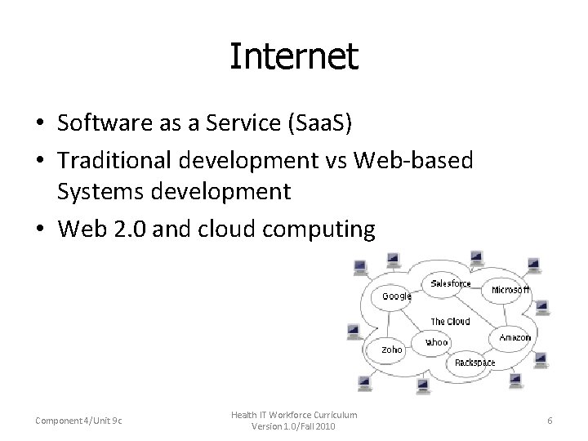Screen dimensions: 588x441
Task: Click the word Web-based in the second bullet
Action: pyautogui.click(x=419, y=162)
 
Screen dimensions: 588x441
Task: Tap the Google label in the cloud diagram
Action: pyautogui.click(x=397, y=296)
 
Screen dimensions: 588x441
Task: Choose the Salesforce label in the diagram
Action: pyautogui.click(x=450, y=283)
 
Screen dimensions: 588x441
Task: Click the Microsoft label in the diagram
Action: pyautogui.click(x=511, y=290)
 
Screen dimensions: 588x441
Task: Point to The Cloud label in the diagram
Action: pyautogui.click(x=450, y=322)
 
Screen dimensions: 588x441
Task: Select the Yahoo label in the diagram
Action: pyautogui.click(x=437, y=342)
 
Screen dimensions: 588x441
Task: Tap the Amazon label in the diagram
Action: pyautogui.click(x=514, y=337)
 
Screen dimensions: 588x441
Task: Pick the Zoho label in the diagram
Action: pyautogui.click(x=392, y=350)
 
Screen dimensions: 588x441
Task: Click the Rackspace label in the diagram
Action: pyautogui.click(x=474, y=362)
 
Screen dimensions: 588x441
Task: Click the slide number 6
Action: pyautogui.click(x=550, y=420)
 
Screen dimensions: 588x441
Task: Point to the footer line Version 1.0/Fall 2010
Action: pyautogui.click(x=293, y=426)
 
